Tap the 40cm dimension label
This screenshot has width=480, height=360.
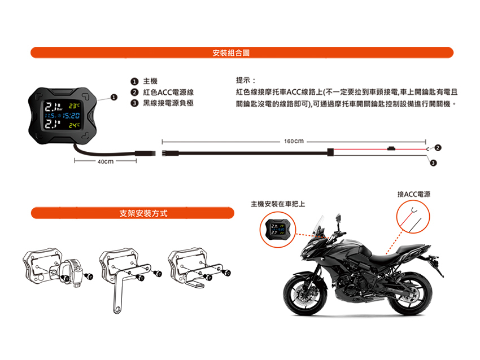106,161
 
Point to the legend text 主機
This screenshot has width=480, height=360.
150,81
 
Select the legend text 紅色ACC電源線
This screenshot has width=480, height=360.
168,92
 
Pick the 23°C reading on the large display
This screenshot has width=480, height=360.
75,106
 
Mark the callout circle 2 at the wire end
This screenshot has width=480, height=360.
438,147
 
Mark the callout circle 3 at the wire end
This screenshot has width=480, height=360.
433,163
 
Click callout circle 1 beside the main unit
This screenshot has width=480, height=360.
114,97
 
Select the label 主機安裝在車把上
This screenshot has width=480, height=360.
278,203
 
